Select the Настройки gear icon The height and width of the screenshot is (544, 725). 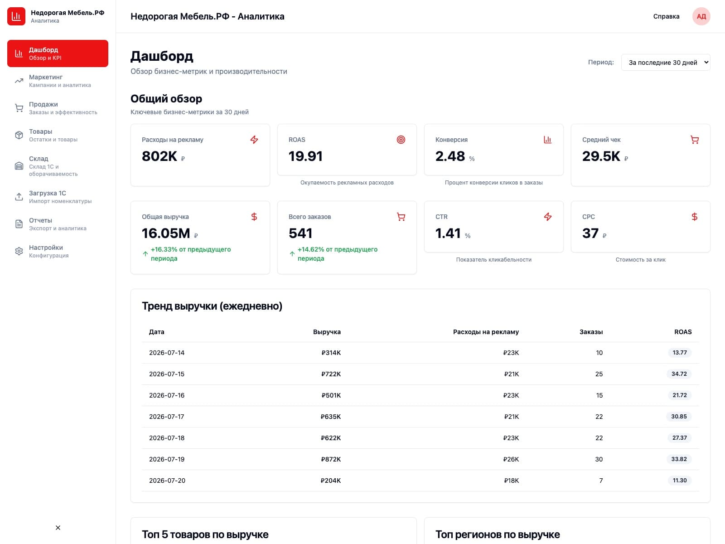pos(19,251)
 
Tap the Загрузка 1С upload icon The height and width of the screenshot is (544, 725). pos(19,197)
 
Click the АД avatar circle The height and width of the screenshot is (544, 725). pos(701,16)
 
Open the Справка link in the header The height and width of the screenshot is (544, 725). pos(666,16)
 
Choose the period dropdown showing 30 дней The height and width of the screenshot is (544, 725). pos(665,63)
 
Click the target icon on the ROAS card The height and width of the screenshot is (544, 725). pos(401,140)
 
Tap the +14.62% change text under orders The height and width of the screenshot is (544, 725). pos(337,254)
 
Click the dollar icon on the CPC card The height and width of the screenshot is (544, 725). pos(694,217)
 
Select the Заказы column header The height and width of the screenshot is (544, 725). pos(591,332)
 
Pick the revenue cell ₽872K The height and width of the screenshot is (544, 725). pos(331,459)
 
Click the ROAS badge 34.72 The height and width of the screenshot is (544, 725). pos(679,374)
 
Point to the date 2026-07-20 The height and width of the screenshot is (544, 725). pos(167,480)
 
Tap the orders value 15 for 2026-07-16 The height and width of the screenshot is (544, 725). pos(599,395)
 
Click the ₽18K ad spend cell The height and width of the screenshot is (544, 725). pos(511,480)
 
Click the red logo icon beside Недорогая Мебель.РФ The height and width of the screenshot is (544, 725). pos(16,16)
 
